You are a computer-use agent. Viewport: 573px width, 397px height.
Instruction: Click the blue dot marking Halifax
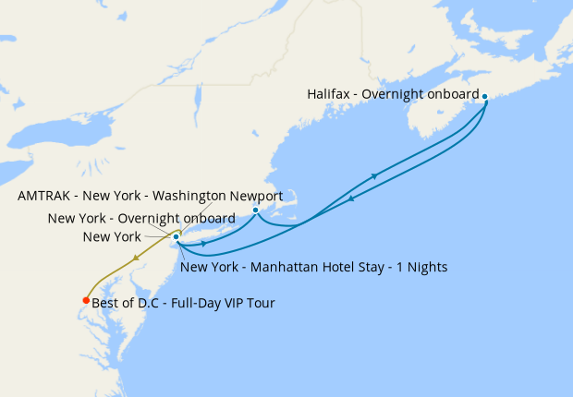[485, 95]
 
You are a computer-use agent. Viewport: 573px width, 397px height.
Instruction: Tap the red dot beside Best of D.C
[86, 300]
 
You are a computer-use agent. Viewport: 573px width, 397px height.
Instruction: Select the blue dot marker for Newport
[255, 211]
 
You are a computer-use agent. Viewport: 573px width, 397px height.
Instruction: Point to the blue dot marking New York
[176, 236]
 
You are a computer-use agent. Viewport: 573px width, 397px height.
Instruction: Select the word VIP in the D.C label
[228, 303]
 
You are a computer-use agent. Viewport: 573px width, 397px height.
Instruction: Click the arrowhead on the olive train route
[138, 259]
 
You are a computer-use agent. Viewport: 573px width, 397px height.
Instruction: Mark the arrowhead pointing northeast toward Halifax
[373, 175]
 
